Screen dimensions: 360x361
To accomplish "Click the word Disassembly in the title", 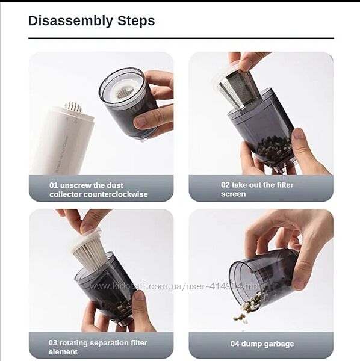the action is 70,21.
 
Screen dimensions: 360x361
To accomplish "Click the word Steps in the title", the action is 136,20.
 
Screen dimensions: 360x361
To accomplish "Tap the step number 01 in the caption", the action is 54,185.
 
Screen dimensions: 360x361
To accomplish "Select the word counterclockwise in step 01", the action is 116,194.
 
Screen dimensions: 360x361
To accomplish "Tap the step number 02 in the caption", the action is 225,185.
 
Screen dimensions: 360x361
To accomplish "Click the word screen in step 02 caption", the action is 234,194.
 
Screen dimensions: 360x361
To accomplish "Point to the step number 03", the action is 53,343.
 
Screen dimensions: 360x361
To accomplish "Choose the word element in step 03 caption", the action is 63,352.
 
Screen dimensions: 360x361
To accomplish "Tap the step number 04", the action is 235,344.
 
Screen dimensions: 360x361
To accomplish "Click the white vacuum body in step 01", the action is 62,140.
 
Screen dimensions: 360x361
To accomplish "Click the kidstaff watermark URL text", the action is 178,286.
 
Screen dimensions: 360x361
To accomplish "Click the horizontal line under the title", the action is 181,38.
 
